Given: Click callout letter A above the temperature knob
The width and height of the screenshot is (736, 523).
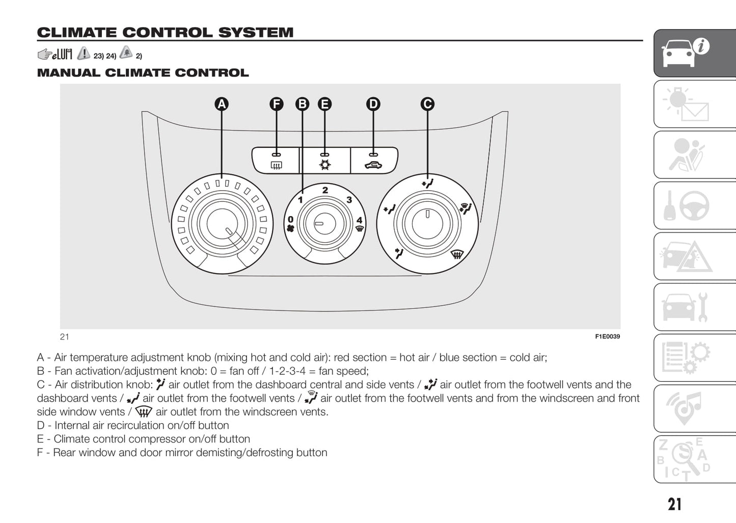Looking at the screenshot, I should [222, 104].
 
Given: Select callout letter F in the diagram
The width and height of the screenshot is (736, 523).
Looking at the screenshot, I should [276, 104].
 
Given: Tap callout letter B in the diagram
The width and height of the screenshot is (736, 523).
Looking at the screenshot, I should [303, 104].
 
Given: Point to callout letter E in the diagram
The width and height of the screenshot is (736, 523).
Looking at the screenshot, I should [324, 104].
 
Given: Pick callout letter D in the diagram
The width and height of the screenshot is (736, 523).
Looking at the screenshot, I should [373, 104].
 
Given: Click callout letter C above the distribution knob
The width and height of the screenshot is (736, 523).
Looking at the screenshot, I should [427, 104].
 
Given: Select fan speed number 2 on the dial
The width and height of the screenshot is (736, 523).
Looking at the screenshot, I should [325, 190].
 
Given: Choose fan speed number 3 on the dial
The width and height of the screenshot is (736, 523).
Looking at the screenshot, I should [349, 200].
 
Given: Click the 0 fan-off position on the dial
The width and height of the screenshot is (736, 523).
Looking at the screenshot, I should [290, 220].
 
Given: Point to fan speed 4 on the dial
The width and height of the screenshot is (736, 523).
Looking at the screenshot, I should [359, 220].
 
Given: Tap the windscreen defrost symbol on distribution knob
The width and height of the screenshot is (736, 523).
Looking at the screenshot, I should [457, 253].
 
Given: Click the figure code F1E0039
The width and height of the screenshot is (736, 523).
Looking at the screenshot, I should [607, 336].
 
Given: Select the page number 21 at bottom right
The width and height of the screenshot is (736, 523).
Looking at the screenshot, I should [674, 504].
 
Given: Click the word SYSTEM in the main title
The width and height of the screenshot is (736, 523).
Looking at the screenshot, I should [256, 33].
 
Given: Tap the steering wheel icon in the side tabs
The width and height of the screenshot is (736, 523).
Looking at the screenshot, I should [694, 205].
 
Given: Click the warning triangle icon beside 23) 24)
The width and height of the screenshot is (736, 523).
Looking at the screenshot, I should [84, 54].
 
